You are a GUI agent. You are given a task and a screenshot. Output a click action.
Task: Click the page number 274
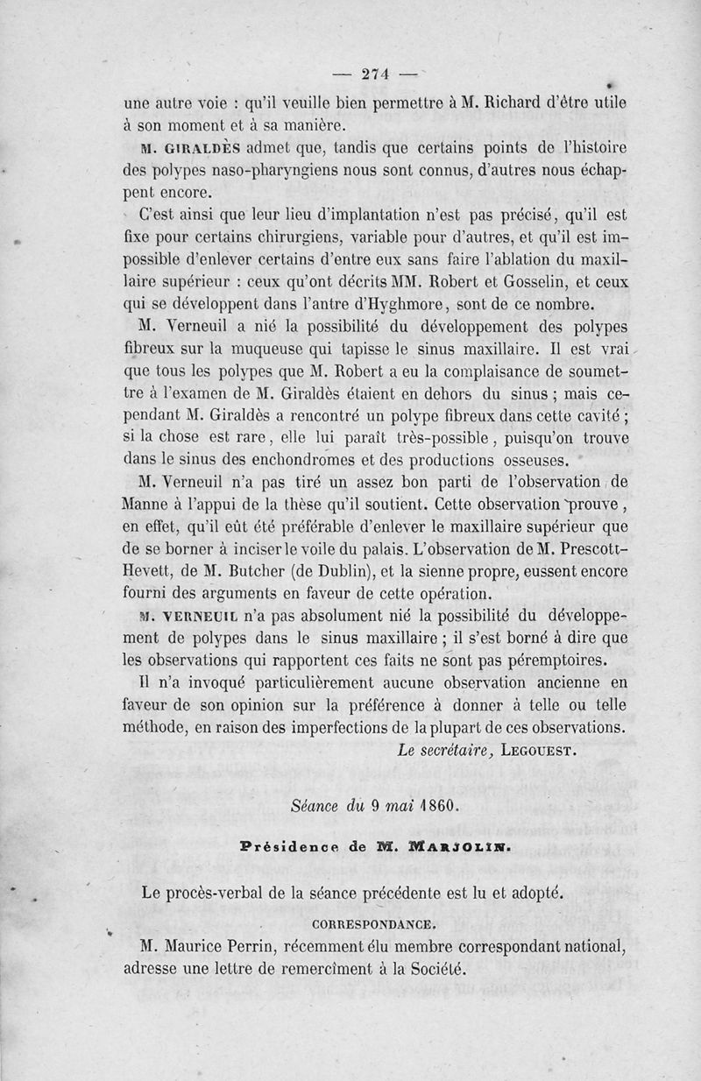374,74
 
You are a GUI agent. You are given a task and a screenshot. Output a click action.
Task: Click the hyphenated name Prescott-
589,549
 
